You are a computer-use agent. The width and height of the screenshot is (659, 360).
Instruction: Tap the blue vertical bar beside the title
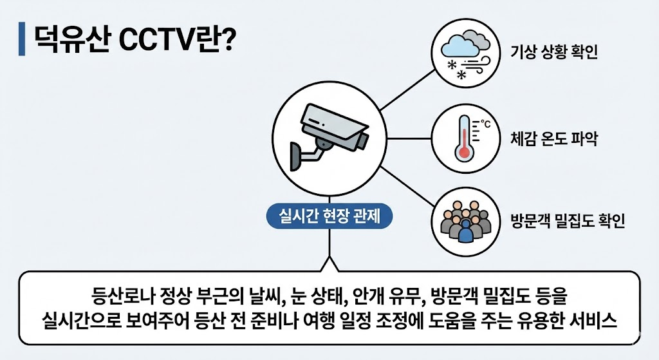pos(23,39)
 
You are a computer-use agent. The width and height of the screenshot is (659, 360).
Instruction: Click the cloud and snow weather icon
pos(464,53)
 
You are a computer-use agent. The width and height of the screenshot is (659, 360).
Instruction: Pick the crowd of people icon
pos(465,221)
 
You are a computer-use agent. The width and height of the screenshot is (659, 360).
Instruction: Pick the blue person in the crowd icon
pos(465,231)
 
